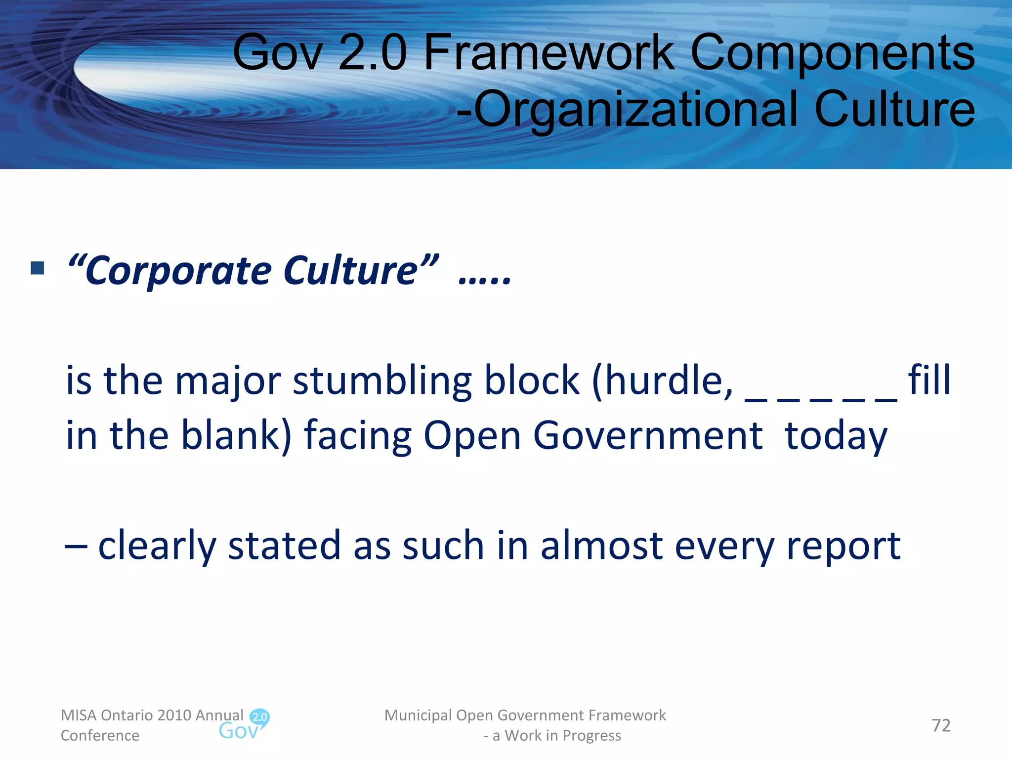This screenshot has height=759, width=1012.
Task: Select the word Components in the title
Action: [x=833, y=53]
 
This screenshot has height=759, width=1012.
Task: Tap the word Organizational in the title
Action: [x=635, y=109]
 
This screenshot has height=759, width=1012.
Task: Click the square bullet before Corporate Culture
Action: [x=37, y=268]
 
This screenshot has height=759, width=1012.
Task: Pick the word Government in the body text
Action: [x=648, y=436]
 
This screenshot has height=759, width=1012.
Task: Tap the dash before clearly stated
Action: [x=76, y=547]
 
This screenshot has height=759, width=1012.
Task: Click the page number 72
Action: [x=941, y=725]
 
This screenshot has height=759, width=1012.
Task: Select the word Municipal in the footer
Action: [x=418, y=716]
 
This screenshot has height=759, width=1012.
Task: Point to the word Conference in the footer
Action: [x=100, y=736]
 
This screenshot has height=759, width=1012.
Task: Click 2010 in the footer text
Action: [x=174, y=715]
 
